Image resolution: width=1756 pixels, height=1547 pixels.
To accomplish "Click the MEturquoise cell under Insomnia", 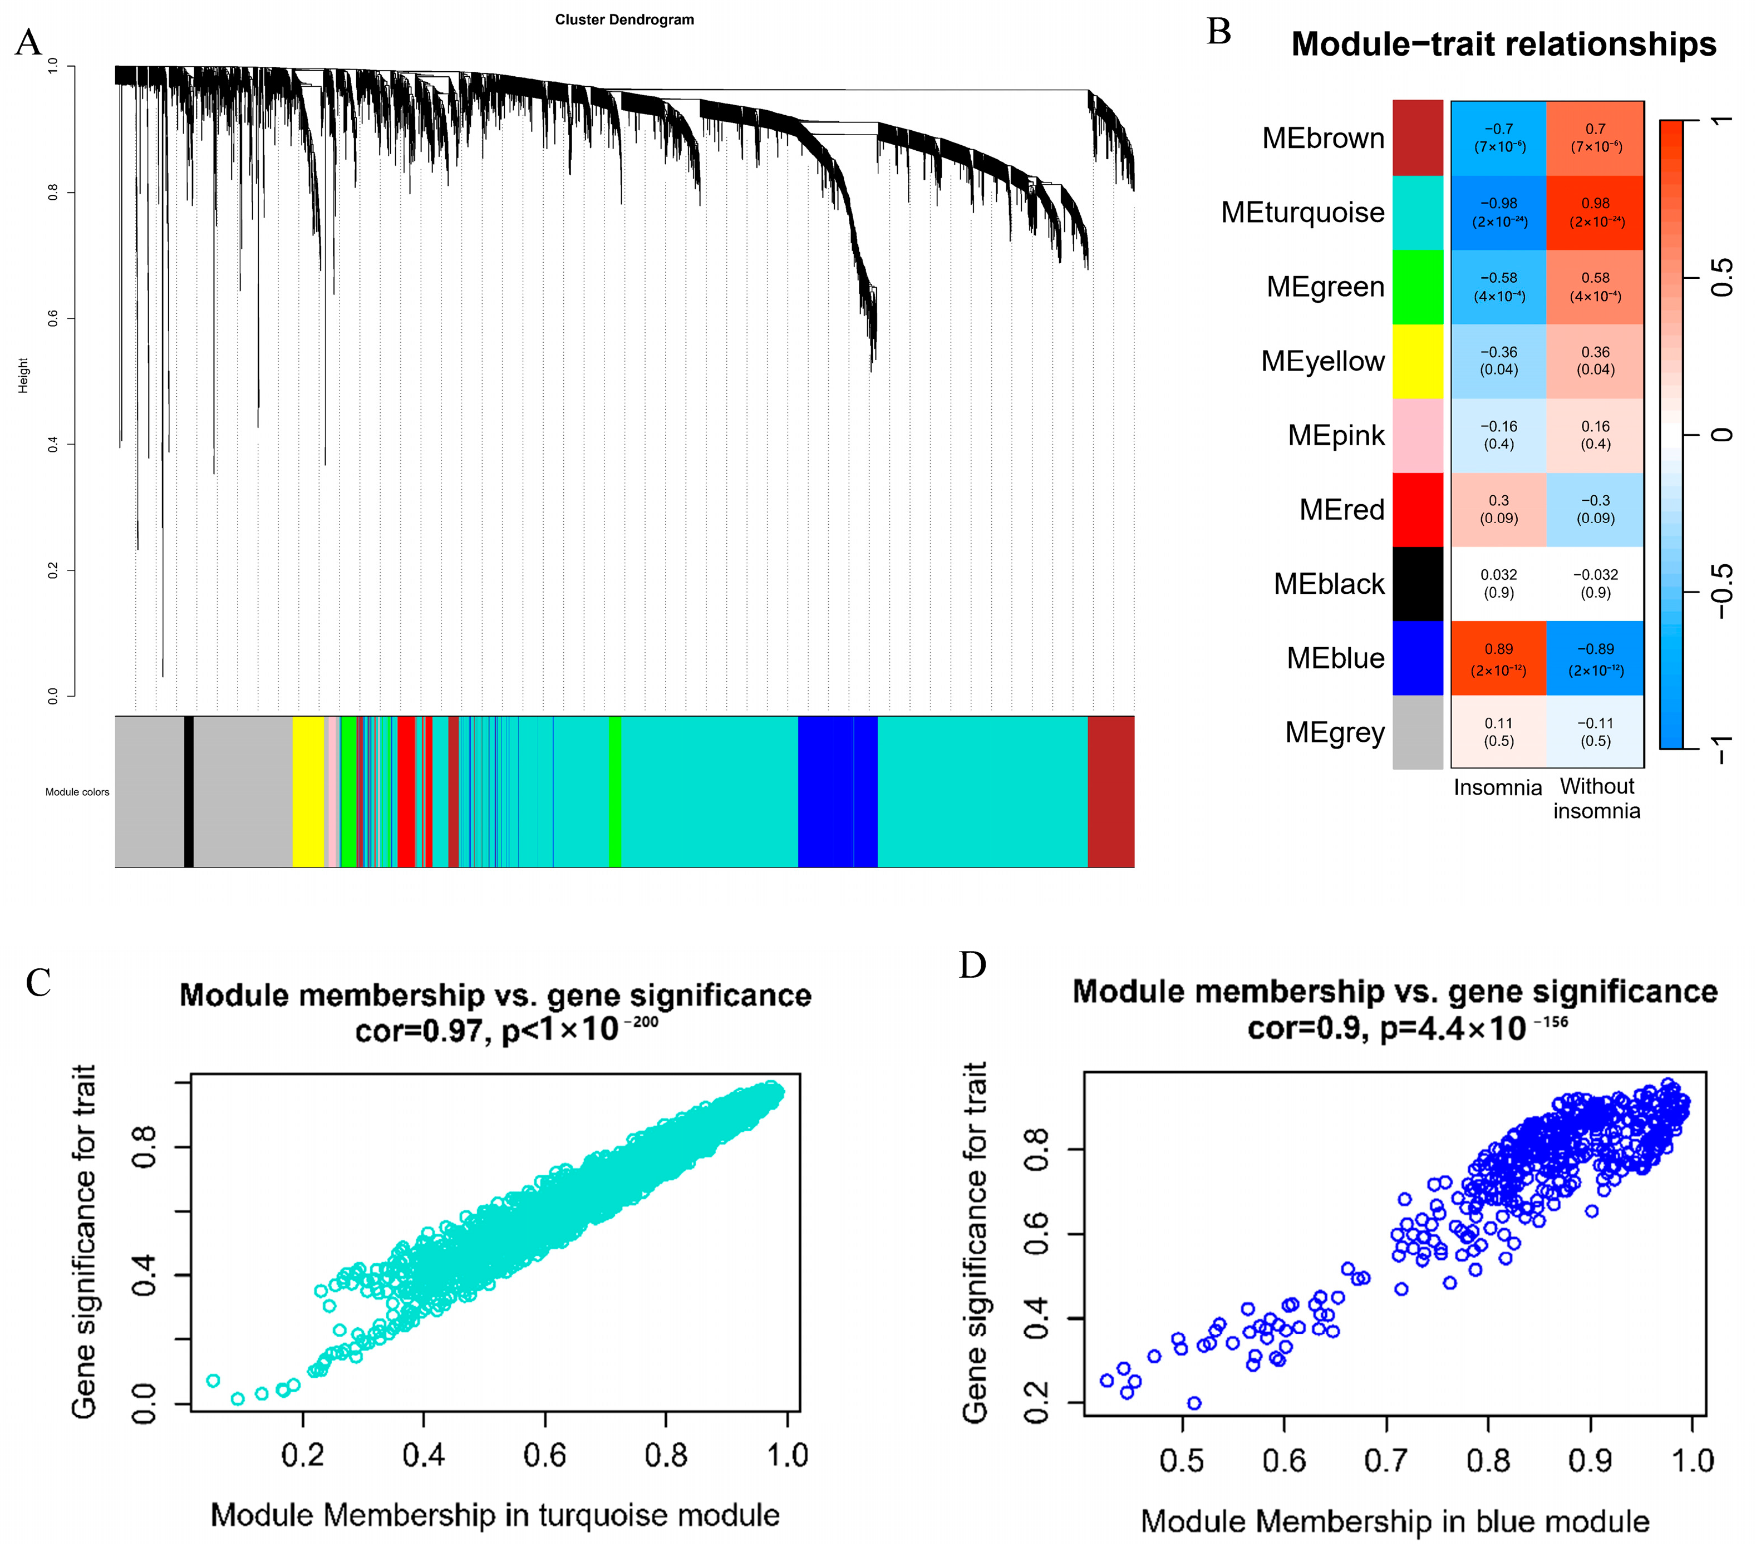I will (1498, 212).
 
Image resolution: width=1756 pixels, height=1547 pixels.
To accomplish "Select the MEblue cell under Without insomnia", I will (1595, 658).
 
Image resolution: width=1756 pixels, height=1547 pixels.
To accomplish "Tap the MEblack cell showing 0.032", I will (1498, 583).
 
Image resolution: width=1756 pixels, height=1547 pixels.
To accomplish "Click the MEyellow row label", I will (1322, 361).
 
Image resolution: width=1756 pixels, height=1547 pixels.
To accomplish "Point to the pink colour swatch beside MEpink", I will (1418, 436).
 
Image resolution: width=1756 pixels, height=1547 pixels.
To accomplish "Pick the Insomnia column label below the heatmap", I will (1497, 787).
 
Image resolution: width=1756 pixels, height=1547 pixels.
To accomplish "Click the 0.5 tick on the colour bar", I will (1721, 278).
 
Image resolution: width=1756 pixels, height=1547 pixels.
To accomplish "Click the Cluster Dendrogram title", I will (624, 20).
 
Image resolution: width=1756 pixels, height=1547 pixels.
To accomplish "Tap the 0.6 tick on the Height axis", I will (53, 319).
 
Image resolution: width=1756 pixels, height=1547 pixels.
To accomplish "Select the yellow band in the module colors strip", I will (308, 791).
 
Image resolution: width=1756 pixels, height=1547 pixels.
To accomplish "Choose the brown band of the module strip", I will (1111, 791).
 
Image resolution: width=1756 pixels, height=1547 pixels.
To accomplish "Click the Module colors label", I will (77, 792).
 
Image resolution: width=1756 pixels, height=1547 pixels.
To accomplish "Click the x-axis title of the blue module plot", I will (1394, 1521).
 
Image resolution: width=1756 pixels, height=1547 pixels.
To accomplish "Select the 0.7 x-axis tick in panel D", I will (1386, 1460).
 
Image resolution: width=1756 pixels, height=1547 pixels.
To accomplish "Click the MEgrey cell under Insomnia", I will (1498, 732).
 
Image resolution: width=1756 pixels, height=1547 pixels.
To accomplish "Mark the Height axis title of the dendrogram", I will (23, 376).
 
